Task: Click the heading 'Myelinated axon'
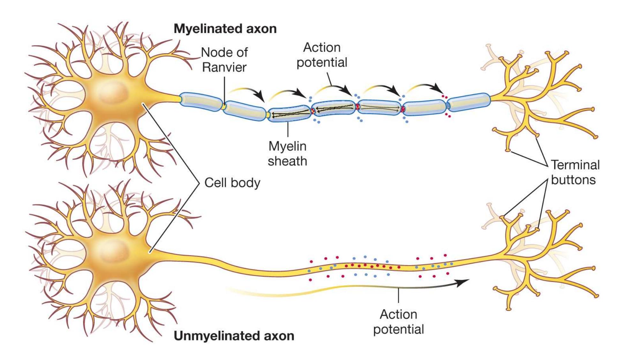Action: [x=225, y=29]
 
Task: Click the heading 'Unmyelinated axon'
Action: [x=234, y=336]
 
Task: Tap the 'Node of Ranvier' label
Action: [x=224, y=60]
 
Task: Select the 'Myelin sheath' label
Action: [x=287, y=153]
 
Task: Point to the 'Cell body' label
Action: [x=232, y=183]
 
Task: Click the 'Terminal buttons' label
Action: [x=575, y=172]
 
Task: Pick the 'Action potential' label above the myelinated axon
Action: [x=322, y=55]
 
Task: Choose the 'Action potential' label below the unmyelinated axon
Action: [x=398, y=322]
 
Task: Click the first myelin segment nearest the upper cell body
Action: [x=201, y=101]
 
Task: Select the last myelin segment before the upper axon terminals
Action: [x=469, y=102]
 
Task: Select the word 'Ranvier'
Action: [x=224, y=67]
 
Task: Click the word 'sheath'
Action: [x=287, y=161]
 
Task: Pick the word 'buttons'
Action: [x=573, y=180]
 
